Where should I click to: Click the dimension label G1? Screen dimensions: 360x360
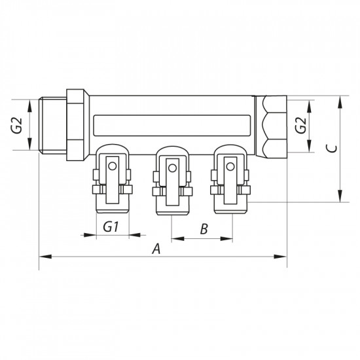pyautogui.click(x=111, y=228)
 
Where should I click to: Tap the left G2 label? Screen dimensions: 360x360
pyautogui.click(x=18, y=125)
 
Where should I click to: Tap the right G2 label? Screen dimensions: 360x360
pyautogui.click(x=300, y=126)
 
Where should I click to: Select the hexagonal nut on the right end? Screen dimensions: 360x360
pyautogui.click(x=273, y=125)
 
